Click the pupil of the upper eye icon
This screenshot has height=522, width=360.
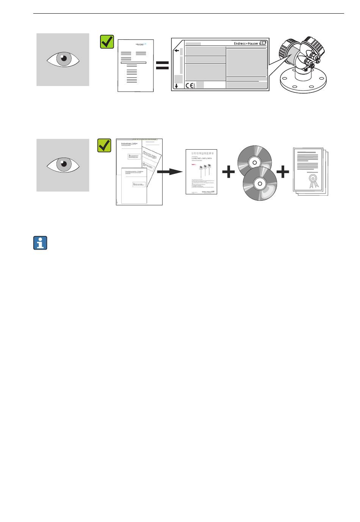click(x=63, y=58)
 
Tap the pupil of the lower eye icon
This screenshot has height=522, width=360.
click(x=63, y=164)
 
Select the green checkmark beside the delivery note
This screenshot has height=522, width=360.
click(x=107, y=42)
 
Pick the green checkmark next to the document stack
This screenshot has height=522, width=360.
click(x=104, y=145)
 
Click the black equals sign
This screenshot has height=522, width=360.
click(x=162, y=65)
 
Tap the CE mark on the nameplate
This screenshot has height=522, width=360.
click(x=190, y=86)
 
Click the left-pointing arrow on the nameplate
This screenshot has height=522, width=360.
click(x=176, y=50)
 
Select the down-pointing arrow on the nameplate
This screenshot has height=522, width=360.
click(x=176, y=86)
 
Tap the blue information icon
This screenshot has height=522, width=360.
click(x=40, y=243)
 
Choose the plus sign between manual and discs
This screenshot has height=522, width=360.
click(x=228, y=172)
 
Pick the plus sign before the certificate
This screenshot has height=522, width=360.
click(x=283, y=172)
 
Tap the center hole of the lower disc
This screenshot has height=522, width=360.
click(x=260, y=184)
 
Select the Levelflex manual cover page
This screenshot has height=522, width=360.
click(x=201, y=172)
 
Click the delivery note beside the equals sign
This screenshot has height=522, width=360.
click(x=135, y=65)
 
